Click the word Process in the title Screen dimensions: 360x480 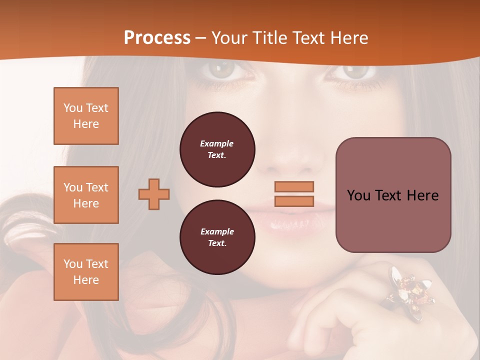(x=157, y=38)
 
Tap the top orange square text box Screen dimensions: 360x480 (x=86, y=116)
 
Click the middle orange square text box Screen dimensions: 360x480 (x=86, y=195)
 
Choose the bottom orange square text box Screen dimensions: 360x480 (x=86, y=272)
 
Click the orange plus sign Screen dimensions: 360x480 (x=154, y=194)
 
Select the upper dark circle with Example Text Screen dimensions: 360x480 (x=217, y=149)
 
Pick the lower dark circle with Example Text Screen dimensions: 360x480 (x=217, y=237)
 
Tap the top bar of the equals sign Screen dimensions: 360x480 (x=294, y=186)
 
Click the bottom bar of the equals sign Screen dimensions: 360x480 (x=294, y=201)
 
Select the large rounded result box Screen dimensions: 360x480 (x=393, y=195)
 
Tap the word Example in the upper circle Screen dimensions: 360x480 (x=217, y=143)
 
